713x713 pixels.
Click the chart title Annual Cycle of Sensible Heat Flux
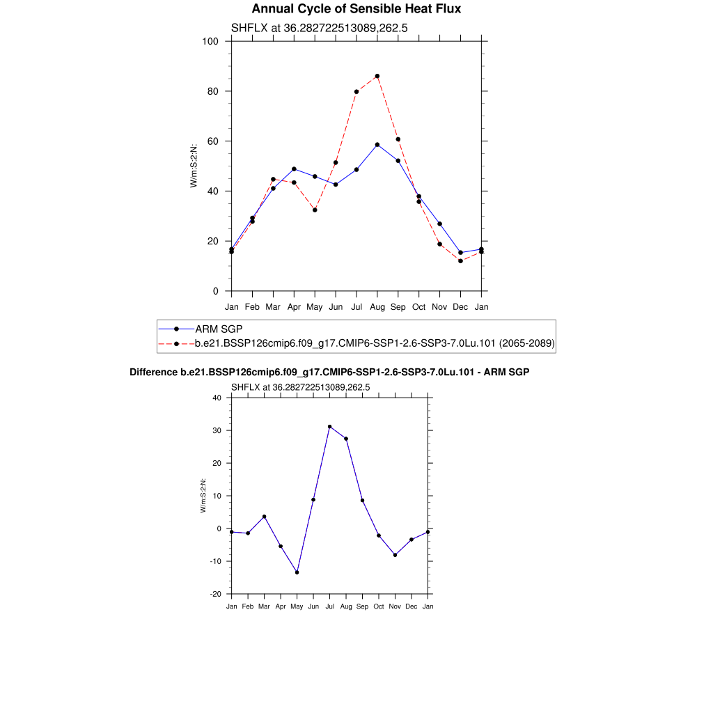(x=356, y=9)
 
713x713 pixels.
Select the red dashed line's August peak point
(x=377, y=76)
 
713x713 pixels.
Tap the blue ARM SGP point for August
(x=377, y=145)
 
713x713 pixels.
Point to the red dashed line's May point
(x=315, y=210)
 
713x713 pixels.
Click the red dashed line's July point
(x=356, y=91)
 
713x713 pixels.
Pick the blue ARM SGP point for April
(x=294, y=169)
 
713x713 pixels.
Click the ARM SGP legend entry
(x=219, y=329)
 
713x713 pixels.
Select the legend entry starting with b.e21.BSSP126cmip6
(x=375, y=343)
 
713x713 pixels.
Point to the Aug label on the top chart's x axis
(x=377, y=306)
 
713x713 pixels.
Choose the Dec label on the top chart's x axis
(x=460, y=306)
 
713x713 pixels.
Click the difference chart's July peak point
(x=329, y=427)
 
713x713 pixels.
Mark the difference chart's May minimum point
(x=297, y=572)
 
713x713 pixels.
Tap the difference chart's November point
(x=395, y=555)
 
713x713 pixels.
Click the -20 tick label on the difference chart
(x=215, y=594)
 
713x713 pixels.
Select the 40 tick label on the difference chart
(x=217, y=398)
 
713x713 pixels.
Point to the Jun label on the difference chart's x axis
(x=313, y=606)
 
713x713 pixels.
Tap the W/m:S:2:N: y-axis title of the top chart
(x=194, y=166)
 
